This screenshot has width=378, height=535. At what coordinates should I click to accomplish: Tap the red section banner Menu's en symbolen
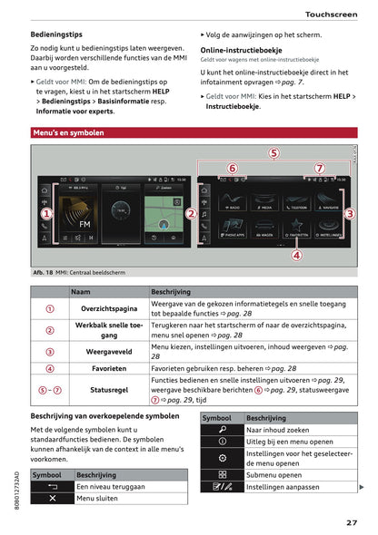[x=68, y=132]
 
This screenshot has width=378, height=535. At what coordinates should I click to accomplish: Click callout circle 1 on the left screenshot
[x=45, y=213]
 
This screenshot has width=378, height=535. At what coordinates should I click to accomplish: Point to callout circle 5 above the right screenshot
[x=274, y=153]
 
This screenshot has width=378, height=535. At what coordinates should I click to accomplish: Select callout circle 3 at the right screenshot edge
[x=350, y=213]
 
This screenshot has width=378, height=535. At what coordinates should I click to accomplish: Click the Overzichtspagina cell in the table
[x=108, y=309]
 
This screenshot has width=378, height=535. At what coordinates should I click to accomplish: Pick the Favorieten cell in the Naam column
[x=108, y=369]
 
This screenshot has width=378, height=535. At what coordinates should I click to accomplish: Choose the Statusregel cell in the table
[x=108, y=390]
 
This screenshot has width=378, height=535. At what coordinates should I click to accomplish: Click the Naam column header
[x=81, y=291]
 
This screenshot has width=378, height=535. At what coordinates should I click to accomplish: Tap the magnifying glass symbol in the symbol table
[x=222, y=430]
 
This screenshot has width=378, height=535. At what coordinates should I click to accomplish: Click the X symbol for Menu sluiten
[x=52, y=498]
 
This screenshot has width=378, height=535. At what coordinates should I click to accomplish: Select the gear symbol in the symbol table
[x=222, y=457]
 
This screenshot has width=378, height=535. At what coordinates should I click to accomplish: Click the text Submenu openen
[x=275, y=474]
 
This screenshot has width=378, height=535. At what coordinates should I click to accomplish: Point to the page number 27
[x=351, y=522]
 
